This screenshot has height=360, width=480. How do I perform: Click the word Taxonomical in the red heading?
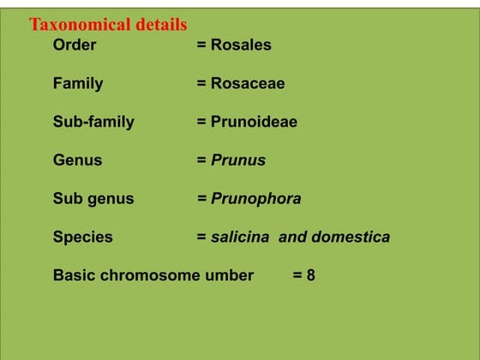tap(80, 25)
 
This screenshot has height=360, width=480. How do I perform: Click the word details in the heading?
tap(159, 25)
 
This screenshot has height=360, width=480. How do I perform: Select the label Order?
tap(75, 45)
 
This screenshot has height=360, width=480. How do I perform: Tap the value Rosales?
tap(241, 45)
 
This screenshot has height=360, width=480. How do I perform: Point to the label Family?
tap(78, 83)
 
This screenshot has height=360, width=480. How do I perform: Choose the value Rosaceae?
tap(248, 83)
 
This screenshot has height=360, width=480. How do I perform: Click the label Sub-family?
tap(93, 122)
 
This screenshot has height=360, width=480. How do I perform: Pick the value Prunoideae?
tap(254, 122)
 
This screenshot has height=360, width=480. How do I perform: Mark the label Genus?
tap(77, 160)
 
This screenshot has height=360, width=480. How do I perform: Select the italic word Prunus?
tap(238, 160)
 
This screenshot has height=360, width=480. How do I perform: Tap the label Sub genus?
tap(93, 199)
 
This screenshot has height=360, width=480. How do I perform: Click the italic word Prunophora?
tap(256, 199)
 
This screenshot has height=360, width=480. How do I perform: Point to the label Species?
tap(82, 237)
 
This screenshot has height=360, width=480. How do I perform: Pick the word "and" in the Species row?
tap(292, 237)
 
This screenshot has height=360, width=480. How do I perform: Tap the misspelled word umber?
tap(226, 275)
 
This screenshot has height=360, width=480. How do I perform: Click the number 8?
tap(310, 275)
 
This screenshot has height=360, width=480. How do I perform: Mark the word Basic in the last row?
tap(73, 275)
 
